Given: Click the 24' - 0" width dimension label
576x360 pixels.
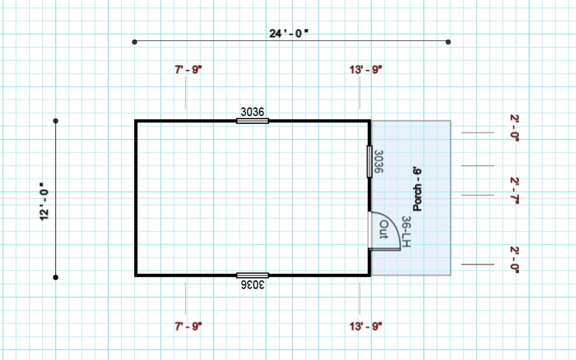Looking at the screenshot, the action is point(289,34).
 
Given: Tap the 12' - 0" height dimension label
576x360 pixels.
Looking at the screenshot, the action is point(44,202).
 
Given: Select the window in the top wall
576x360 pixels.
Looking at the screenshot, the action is point(252,121).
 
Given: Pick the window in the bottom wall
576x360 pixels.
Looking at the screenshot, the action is point(252,275).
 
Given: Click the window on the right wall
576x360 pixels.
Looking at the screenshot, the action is point(370,162).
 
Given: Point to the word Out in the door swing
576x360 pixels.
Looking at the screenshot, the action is point(384,230).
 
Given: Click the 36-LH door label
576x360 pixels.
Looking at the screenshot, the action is point(406,231).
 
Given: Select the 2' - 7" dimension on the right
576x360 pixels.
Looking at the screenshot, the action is point(514,190).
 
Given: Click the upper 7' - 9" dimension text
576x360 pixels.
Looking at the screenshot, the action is point(188,70).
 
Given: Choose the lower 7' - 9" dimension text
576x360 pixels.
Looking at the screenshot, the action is point(188,326).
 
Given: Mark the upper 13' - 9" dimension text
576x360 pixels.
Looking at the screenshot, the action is point(366,70).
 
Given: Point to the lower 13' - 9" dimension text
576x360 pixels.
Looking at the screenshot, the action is point(366,326).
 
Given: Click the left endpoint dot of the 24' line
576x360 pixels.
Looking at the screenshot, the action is point(135,42).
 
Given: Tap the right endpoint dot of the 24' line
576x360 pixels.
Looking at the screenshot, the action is point(448,42).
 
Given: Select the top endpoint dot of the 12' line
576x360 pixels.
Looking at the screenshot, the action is point(56,121).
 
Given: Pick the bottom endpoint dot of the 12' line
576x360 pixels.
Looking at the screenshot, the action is point(56,277).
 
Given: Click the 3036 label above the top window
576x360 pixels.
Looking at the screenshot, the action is point(252,112).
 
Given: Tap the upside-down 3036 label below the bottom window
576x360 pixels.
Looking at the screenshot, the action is point(252,285).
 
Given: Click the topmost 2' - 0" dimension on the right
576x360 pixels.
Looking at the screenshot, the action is point(514,128).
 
